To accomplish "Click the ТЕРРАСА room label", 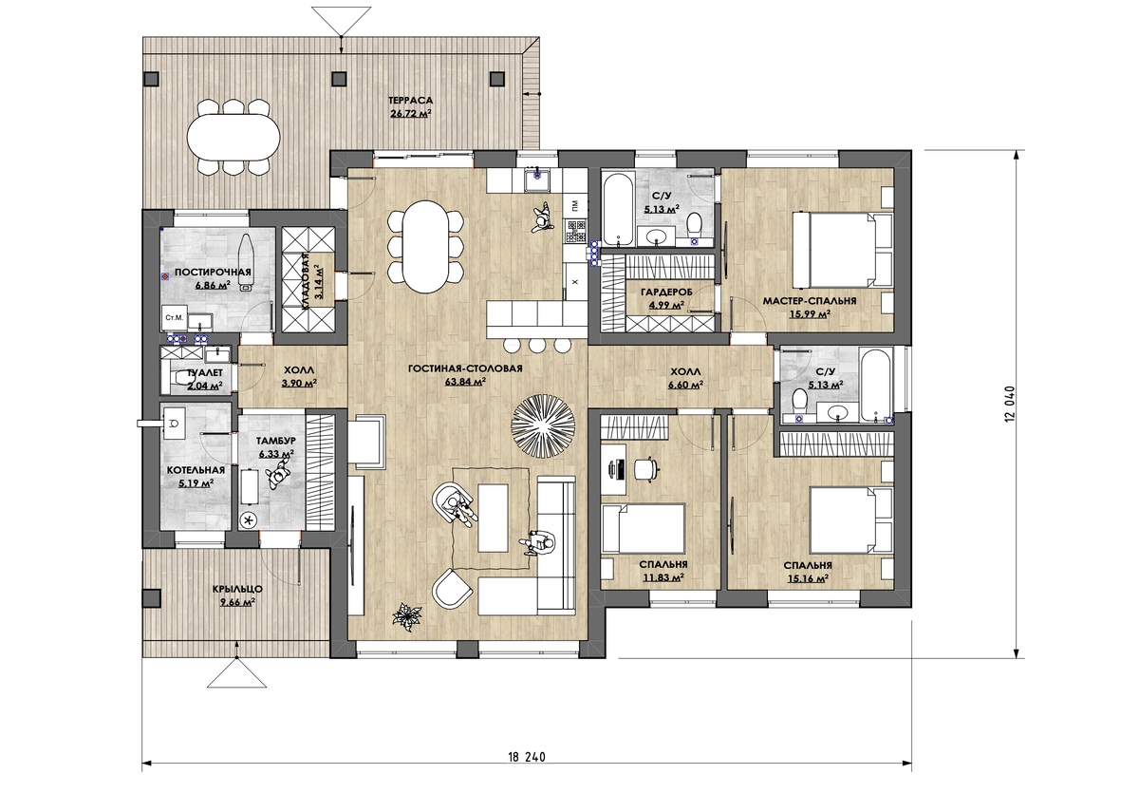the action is (410, 101).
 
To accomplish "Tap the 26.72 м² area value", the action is (410, 113).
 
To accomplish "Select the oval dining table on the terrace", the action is (233, 138).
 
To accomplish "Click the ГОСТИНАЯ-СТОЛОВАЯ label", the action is (465, 368).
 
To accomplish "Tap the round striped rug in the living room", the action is (543, 427).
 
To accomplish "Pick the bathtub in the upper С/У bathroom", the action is (618, 209).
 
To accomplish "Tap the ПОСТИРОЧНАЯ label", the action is (213, 273).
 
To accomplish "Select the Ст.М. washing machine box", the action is (174, 318).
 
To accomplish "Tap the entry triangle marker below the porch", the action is (237, 674).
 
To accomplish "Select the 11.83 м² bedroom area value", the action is (663, 577).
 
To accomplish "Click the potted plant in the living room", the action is (407, 616).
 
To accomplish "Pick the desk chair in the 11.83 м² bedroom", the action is (646, 468).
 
